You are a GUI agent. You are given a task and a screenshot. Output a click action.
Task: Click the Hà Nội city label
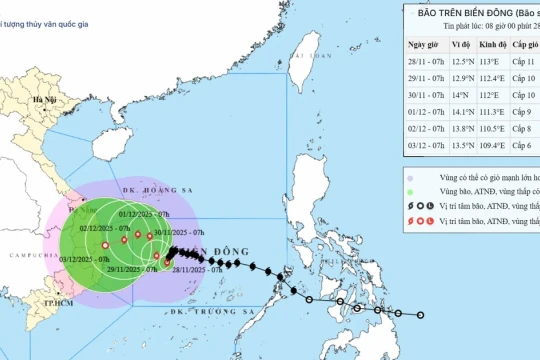pyautogui.click(x=44, y=100)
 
